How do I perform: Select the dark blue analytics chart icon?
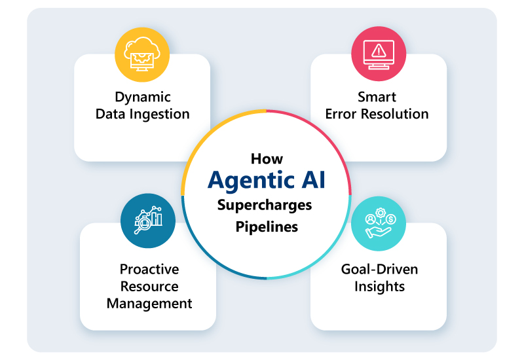[148, 221]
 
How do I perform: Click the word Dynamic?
[143, 97]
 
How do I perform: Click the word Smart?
[377, 97]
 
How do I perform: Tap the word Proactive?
[149, 269]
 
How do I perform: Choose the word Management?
[149, 303]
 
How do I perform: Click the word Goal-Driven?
[379, 269]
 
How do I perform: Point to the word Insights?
[379, 286]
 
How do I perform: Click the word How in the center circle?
[266, 159]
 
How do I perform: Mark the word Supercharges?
[265, 206]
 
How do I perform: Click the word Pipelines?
[267, 227]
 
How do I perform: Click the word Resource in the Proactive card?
[149, 286]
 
